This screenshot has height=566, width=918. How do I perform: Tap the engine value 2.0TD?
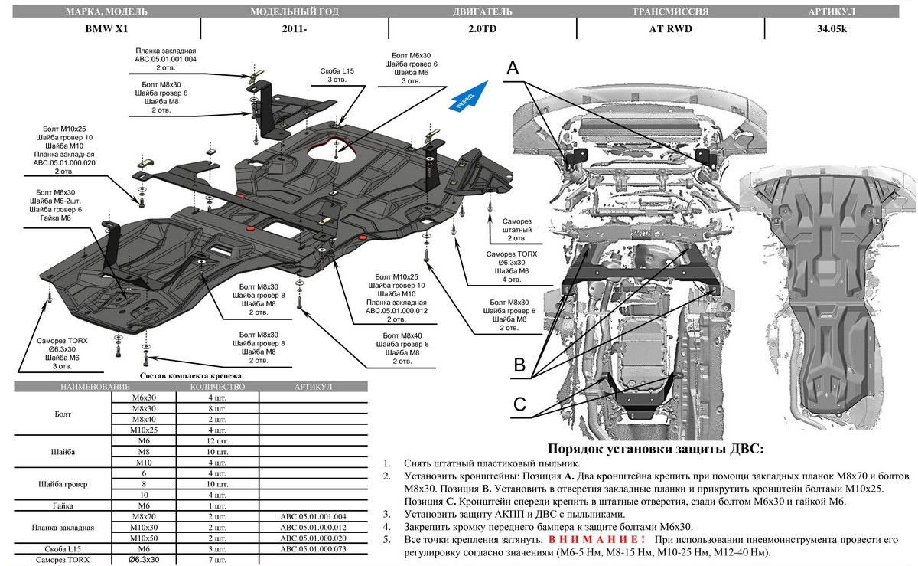pyautogui.click(x=481, y=28)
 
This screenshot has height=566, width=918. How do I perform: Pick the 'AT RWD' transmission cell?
pyautogui.click(x=669, y=28)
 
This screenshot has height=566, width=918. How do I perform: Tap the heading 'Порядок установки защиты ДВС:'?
pyautogui.click(x=656, y=450)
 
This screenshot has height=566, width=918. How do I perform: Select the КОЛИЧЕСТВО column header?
pyautogui.click(x=212, y=388)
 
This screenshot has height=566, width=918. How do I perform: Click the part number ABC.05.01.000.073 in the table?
pyautogui.click(x=314, y=549)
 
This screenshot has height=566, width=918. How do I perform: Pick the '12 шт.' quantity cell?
pyautogui.click(x=212, y=441)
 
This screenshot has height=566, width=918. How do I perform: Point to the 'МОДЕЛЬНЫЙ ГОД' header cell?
pyautogui.click(x=295, y=13)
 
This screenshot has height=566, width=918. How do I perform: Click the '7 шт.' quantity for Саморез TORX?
pyautogui.click(x=212, y=560)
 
